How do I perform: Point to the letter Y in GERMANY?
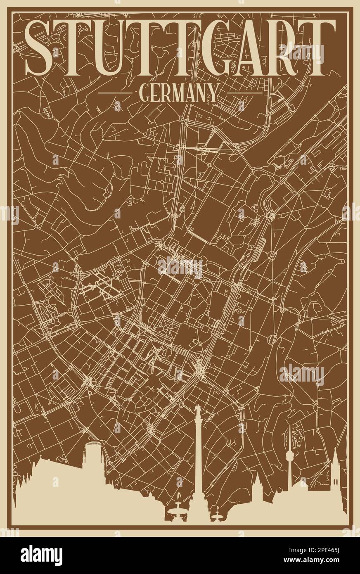[x=212, y=93]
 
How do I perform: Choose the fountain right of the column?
[x=217, y=512]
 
